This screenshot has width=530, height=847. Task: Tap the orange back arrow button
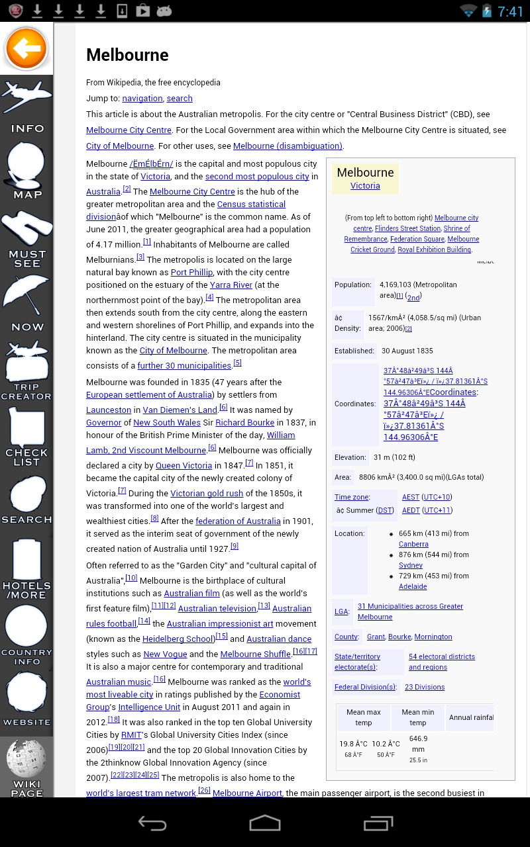point(26,48)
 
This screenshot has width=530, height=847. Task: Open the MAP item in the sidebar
point(26,170)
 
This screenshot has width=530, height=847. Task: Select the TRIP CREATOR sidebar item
point(26,371)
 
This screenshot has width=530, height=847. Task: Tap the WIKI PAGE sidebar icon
point(26,768)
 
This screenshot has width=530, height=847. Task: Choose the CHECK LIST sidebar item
point(26,437)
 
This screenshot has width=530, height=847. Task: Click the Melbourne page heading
point(127,55)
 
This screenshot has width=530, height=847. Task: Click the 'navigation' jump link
point(142,99)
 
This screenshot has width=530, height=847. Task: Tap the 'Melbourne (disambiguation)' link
point(288,146)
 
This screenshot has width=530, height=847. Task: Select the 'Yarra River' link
point(231,285)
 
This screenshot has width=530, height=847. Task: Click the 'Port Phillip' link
point(191,273)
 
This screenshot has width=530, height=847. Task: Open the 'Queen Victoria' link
point(184,466)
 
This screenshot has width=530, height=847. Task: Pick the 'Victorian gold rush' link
point(207,494)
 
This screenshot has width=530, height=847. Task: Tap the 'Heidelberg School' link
point(178,639)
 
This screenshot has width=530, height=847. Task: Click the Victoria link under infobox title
point(365,186)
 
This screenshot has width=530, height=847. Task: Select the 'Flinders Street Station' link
point(407,229)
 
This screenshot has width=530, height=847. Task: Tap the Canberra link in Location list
point(413,545)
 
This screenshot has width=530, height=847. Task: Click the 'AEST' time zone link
point(410,498)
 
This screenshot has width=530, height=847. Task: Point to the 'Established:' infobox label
point(353,351)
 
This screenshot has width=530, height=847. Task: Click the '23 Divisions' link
point(425,688)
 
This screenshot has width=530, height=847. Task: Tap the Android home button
point(265,823)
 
